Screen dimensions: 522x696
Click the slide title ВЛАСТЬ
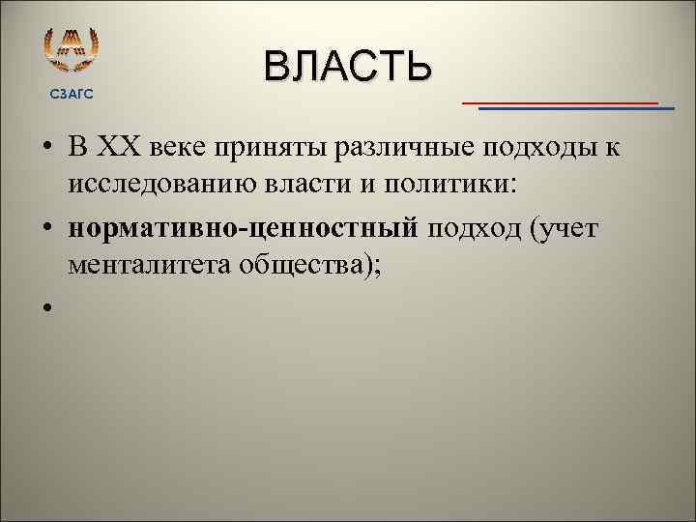tap(347, 67)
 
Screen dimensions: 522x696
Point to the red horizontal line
tap(560, 101)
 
